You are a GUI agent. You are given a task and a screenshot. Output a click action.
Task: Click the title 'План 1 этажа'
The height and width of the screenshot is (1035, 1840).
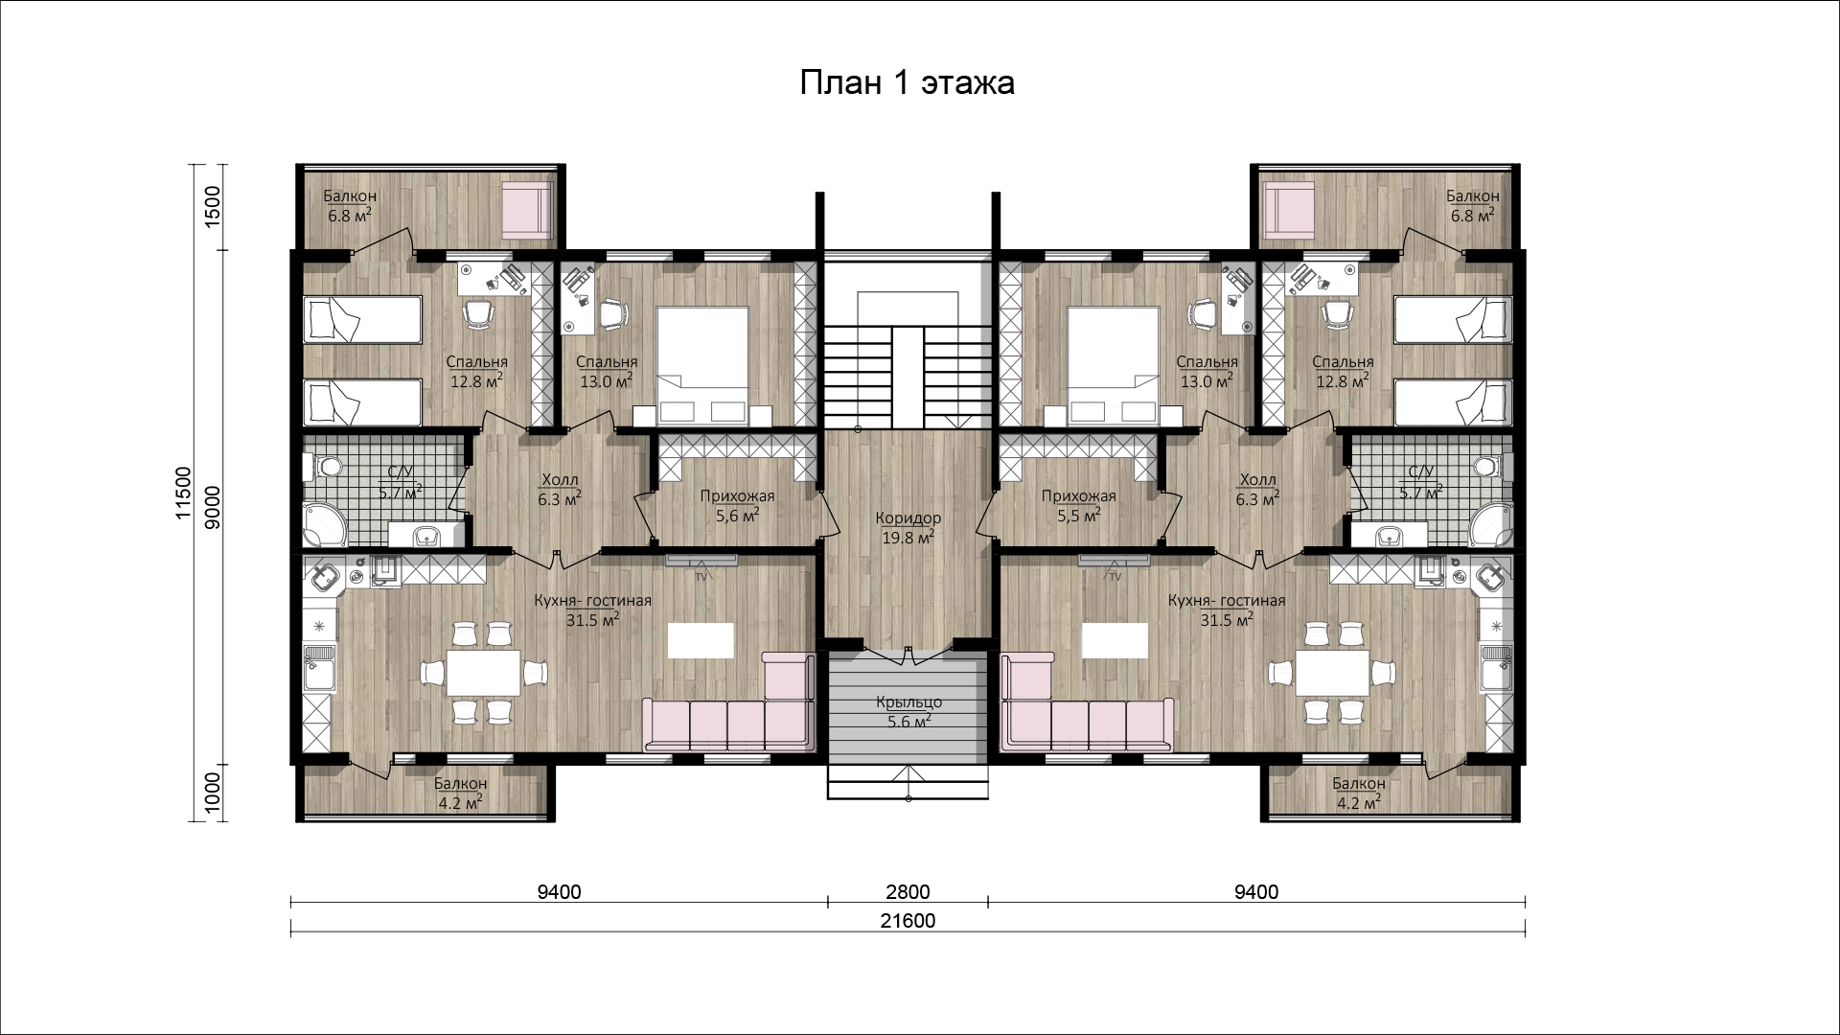coord(908,83)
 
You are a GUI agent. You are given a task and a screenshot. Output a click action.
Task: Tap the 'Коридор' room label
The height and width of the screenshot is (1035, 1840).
coord(908,518)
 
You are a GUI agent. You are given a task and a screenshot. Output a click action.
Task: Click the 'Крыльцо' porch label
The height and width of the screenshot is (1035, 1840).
coord(908,703)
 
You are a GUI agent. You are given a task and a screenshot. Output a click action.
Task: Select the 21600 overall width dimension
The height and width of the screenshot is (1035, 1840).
coord(908,921)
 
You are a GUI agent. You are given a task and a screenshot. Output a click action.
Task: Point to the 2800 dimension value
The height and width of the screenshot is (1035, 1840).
coord(908,892)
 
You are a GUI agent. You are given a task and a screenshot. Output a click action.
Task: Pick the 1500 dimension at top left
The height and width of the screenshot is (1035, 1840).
coord(214,203)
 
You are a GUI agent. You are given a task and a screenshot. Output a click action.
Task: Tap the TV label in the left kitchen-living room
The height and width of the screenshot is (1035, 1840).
coord(701,576)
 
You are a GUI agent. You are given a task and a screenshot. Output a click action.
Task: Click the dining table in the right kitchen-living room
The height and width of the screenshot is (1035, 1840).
coord(1331,673)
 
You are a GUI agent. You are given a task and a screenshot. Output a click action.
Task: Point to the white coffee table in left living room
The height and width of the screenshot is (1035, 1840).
coord(701,639)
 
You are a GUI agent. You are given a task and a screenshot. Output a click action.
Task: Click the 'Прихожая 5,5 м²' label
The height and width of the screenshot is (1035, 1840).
coord(1080,505)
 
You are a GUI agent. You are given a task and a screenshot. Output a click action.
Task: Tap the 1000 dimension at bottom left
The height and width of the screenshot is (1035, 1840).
coord(214,792)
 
